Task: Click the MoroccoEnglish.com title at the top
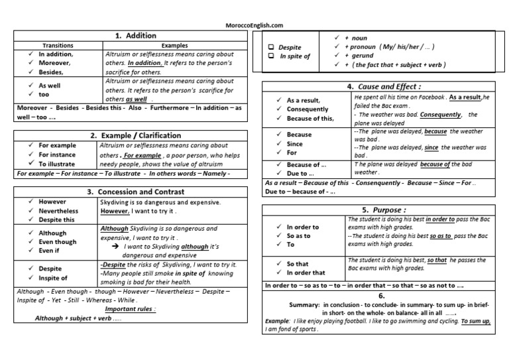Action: pos(254,26)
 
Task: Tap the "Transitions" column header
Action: pos(58,45)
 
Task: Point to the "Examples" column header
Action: pos(174,45)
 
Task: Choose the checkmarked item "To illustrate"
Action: pos(58,163)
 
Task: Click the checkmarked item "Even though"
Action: pos(58,242)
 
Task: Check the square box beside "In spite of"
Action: pos(270,56)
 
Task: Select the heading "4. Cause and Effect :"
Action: pos(384,87)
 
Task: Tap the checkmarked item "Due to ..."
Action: pos(302,174)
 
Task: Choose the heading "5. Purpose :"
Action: pos(382,210)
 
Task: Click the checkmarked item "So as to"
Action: pos(303,235)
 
